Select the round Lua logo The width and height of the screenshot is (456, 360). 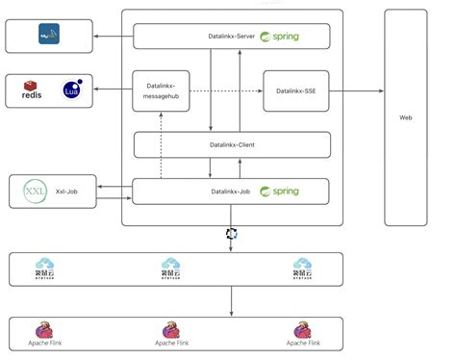click(x=72, y=90)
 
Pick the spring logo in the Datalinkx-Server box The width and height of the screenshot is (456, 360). click(x=279, y=37)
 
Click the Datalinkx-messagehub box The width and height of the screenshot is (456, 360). click(x=161, y=90)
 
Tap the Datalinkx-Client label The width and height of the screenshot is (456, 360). click(x=231, y=145)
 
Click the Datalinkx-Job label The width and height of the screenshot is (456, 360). click(x=230, y=192)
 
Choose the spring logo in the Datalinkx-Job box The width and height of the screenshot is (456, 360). click(x=279, y=192)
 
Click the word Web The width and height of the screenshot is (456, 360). click(x=406, y=117)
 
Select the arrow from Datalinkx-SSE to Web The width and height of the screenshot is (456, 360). click(x=351, y=91)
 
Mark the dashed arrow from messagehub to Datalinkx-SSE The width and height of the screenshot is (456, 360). click(x=226, y=91)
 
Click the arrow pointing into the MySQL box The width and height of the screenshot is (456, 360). click(x=111, y=37)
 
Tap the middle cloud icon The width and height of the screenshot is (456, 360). click(x=171, y=267)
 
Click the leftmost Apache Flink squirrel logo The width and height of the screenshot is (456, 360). click(x=45, y=331)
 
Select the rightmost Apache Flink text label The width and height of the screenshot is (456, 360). click(x=301, y=344)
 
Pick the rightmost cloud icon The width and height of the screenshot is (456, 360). click(x=301, y=267)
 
